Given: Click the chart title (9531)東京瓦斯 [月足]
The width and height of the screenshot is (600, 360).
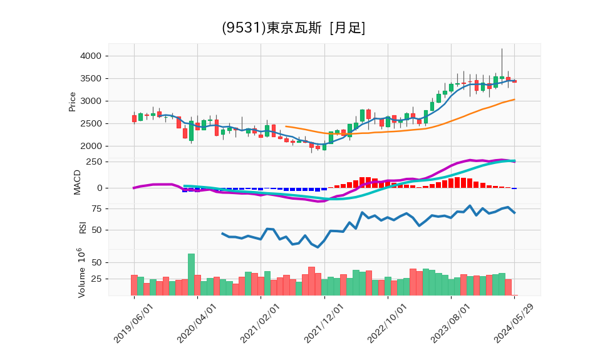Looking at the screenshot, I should click(293, 28).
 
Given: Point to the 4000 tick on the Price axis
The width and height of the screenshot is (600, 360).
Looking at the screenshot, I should click(91, 56).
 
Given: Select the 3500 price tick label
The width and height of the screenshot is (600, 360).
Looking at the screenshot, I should click(91, 79).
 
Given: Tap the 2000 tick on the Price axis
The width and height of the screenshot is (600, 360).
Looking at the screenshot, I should click(91, 147).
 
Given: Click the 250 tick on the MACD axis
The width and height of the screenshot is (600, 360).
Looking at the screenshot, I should click(94, 162).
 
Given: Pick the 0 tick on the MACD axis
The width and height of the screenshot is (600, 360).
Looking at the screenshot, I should click(99, 188).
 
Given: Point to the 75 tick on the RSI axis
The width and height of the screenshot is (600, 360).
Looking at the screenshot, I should click(96, 208).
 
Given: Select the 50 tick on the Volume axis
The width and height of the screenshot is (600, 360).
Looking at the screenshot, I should click(96, 263).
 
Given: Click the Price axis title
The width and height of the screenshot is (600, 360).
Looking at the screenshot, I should click(72, 101).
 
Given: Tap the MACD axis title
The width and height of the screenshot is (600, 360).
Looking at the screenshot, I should click(78, 182).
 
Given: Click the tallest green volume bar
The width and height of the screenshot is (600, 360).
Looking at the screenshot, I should click(191, 274).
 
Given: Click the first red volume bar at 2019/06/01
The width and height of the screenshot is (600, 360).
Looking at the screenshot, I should click(134, 285).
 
